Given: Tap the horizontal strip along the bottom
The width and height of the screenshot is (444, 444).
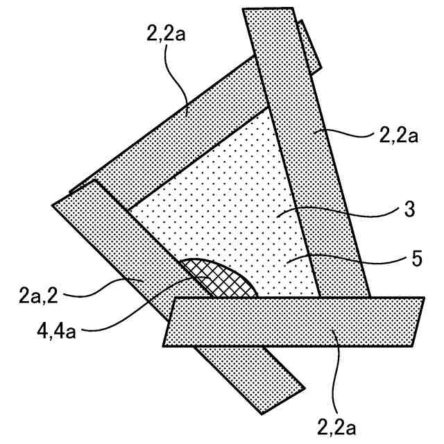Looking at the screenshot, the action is pos(291,321).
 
